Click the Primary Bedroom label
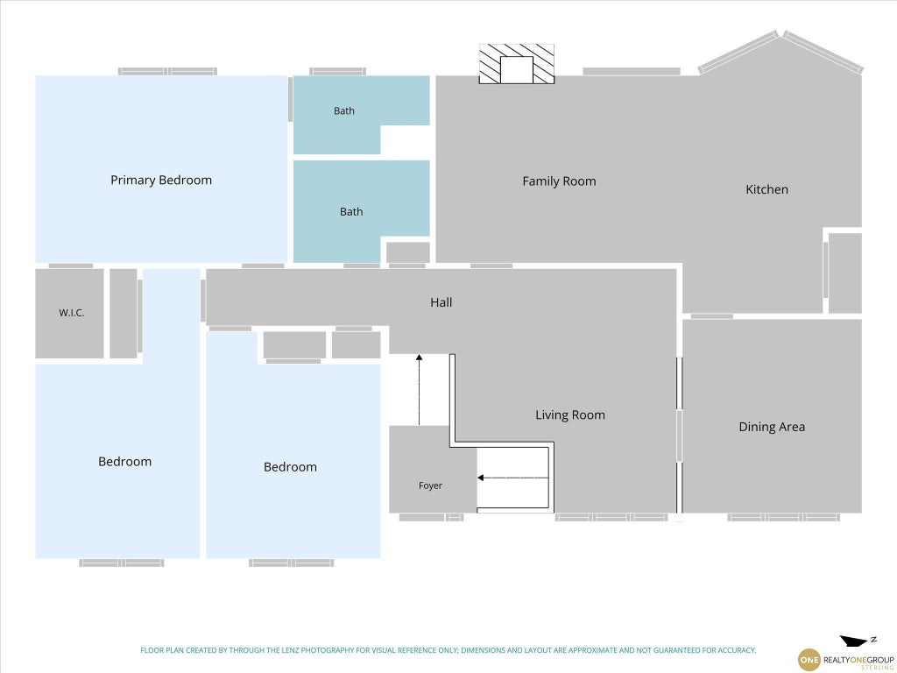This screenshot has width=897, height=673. [x=161, y=181]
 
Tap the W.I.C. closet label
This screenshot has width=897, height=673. [x=72, y=313]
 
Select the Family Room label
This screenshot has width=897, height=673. [x=559, y=181]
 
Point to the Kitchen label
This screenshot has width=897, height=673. [x=766, y=189]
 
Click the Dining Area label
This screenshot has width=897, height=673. [x=772, y=427]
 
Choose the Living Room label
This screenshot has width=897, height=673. [x=569, y=414]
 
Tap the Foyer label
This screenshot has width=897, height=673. [x=430, y=485]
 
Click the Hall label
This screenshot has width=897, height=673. [x=441, y=302]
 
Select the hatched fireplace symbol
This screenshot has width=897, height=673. [x=517, y=64]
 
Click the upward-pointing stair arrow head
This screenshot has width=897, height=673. [x=419, y=358]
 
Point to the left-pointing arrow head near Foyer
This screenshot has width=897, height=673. [x=481, y=478]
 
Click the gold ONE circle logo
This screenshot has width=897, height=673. [x=809, y=660]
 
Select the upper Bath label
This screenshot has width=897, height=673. [x=343, y=111]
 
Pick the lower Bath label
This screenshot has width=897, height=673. [x=351, y=212]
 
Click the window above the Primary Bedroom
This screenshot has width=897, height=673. [x=167, y=72]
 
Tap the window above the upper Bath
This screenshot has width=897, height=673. [x=337, y=72]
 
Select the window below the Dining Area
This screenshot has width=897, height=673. [x=784, y=517]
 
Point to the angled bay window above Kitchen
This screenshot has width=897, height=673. [x=780, y=52]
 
